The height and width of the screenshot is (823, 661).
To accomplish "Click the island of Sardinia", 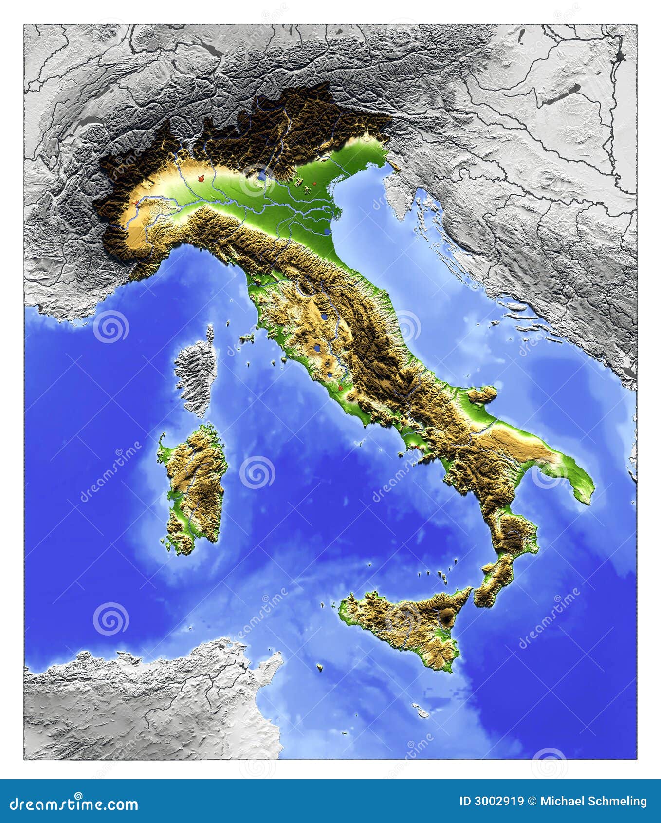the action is (x=195, y=487).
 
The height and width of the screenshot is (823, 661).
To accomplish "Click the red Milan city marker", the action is (x=199, y=179).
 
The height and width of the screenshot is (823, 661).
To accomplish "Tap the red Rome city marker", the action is (x=341, y=388).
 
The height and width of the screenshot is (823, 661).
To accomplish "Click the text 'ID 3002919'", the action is (x=492, y=802).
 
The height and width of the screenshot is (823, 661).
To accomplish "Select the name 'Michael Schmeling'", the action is (x=593, y=802).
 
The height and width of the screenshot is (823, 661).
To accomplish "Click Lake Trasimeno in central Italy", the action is (x=324, y=317).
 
